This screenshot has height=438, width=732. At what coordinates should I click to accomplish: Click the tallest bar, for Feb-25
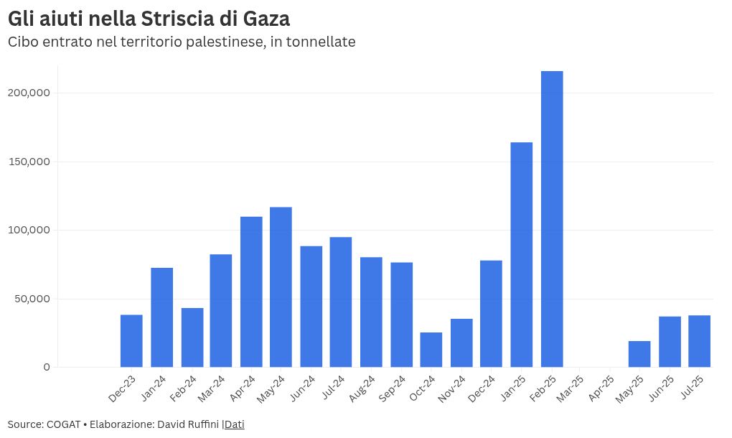(552, 219)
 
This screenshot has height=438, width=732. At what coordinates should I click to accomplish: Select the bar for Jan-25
(522, 255)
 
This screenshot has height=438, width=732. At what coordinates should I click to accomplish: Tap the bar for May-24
(281, 287)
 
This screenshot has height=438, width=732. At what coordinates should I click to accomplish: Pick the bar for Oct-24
(431, 350)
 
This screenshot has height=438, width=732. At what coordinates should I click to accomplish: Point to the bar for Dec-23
(131, 341)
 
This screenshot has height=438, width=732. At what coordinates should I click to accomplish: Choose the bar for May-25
(639, 354)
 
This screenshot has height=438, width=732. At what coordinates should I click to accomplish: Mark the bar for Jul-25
(699, 341)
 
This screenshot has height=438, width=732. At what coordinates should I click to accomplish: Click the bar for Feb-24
(192, 337)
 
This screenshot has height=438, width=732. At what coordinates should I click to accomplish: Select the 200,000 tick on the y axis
(29, 93)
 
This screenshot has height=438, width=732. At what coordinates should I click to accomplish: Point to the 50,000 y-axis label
(32, 299)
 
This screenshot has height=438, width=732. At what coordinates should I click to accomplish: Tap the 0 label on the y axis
(47, 367)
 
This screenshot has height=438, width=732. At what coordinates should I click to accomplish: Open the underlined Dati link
(235, 424)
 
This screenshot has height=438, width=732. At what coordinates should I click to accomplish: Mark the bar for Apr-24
(251, 292)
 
